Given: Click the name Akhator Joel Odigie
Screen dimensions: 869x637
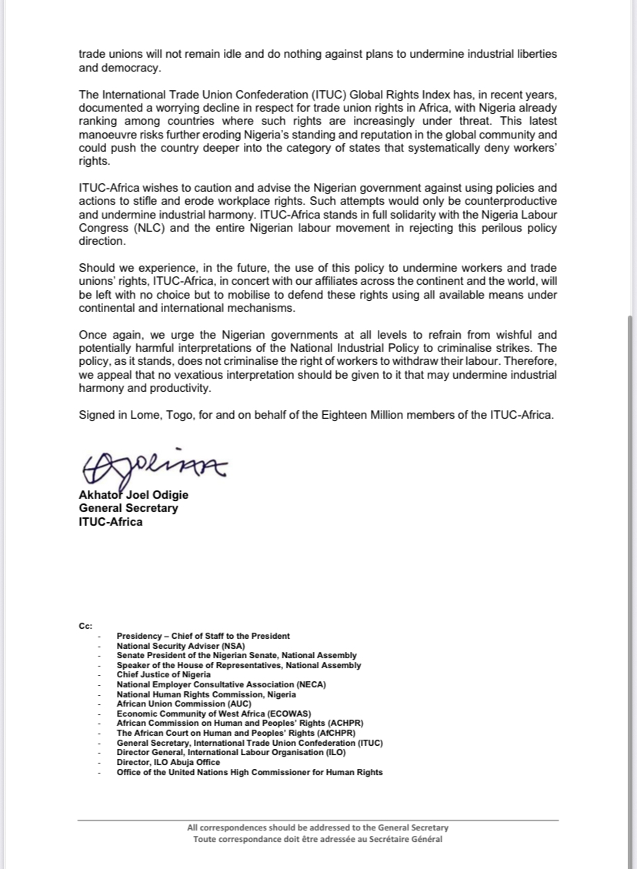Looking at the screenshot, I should tap(133, 495).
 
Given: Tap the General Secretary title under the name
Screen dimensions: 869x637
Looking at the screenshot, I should tap(128, 508).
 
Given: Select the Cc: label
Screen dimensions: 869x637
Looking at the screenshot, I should tap(85, 627).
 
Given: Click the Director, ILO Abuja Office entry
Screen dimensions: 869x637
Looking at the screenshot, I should tap(168, 762).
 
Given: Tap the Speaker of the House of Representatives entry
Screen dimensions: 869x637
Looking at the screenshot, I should tap(238, 665).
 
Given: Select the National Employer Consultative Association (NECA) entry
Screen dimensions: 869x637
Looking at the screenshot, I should tap(222, 684).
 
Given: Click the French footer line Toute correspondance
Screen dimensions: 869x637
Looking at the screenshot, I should tap(318, 839).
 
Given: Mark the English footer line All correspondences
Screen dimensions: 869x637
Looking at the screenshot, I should tap(318, 828).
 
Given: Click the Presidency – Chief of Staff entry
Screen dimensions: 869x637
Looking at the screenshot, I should tap(203, 636).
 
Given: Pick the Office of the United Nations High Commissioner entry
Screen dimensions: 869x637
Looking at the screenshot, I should tap(249, 772).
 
